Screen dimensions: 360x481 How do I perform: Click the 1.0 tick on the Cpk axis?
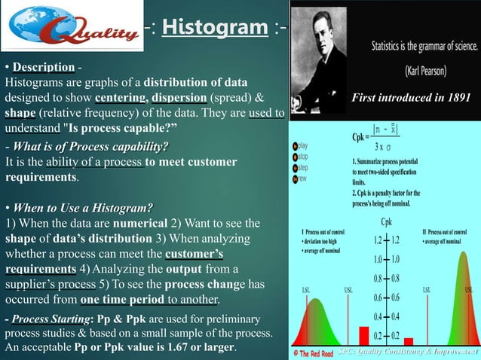384,259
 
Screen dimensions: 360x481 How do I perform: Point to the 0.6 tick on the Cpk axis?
384,297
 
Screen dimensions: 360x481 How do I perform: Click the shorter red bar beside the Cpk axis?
408,340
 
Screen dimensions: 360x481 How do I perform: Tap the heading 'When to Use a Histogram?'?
78,208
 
